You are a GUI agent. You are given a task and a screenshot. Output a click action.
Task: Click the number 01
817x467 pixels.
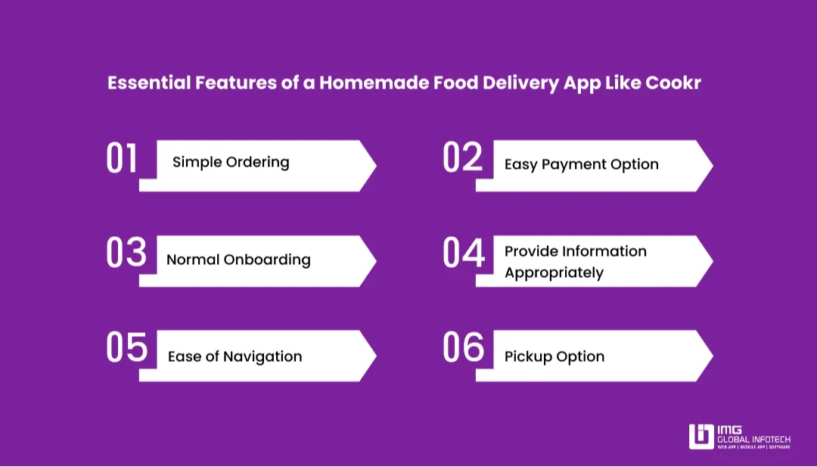[122, 159]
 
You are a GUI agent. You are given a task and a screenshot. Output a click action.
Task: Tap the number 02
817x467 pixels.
[462, 159]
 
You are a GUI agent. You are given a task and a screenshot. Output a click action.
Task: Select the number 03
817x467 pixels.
[126, 254]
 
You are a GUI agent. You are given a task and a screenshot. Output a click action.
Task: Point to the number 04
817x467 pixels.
[463, 254]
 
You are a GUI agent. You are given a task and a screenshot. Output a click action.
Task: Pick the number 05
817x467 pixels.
[126, 348]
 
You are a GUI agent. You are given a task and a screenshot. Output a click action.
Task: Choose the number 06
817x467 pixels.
[463, 348]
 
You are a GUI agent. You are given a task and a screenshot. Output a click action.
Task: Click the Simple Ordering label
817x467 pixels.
[231, 162]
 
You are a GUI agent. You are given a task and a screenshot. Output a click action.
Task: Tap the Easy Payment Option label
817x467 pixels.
[581, 164]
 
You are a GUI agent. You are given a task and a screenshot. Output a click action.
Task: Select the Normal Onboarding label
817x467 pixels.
[238, 260]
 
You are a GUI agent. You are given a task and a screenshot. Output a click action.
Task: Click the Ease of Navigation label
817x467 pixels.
[235, 356]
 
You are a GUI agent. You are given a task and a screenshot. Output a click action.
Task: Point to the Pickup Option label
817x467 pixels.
[555, 356]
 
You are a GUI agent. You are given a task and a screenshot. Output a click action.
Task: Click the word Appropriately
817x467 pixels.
[554, 272]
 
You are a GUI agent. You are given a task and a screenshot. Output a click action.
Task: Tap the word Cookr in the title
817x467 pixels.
[673, 83]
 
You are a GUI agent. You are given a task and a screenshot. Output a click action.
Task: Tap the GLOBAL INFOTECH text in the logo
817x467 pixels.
[753, 440]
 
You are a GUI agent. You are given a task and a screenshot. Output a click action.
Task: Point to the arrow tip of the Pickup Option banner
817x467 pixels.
[710, 355]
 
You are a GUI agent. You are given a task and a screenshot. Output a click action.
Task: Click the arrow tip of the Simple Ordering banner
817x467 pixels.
[373, 166]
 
